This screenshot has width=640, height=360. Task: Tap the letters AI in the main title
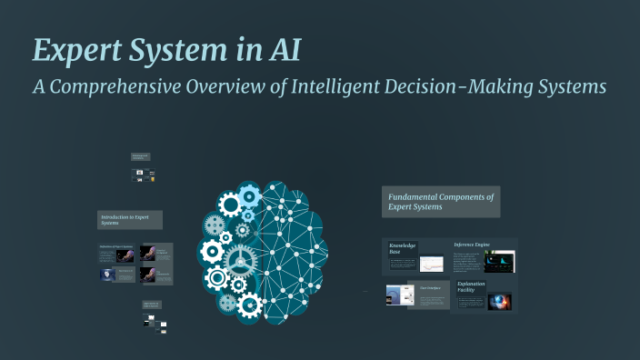click(x=283, y=51)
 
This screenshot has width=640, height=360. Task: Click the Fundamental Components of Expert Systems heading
click(x=441, y=202)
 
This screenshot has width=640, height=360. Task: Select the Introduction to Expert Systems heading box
click(x=129, y=220)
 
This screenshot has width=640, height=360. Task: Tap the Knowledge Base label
click(x=404, y=249)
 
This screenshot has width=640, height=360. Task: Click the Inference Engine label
click(x=472, y=245)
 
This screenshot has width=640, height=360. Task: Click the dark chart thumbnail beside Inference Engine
click(x=499, y=262)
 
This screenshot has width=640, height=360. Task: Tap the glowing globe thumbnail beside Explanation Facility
click(x=499, y=301)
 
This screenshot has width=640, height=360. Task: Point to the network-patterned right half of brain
click(x=293, y=245)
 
